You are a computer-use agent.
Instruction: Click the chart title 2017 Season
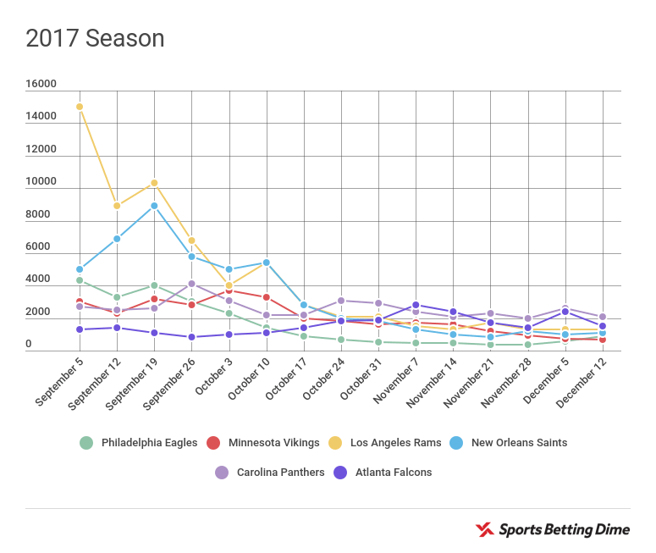pyautogui.click(x=95, y=39)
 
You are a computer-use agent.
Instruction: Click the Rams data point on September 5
pyautogui.click(x=80, y=107)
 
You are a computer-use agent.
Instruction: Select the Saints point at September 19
pyautogui.click(x=154, y=206)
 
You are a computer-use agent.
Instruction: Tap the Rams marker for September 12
pyautogui.click(x=117, y=206)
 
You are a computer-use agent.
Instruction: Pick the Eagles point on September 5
pyautogui.click(x=80, y=280)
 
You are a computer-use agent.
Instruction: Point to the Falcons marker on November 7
pyautogui.click(x=416, y=305)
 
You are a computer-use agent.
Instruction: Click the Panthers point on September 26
pyautogui.click(x=192, y=284)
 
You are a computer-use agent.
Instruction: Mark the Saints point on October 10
pyautogui.click(x=267, y=263)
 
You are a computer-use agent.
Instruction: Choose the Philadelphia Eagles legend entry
pyautogui.click(x=139, y=443)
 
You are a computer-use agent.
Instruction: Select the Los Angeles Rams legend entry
pyautogui.click(x=391, y=443)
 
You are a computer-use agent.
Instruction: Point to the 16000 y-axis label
pyautogui.click(x=41, y=85)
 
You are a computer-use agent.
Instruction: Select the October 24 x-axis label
pyautogui.click(x=322, y=379)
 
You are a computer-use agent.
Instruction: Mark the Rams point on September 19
pyautogui.click(x=154, y=183)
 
